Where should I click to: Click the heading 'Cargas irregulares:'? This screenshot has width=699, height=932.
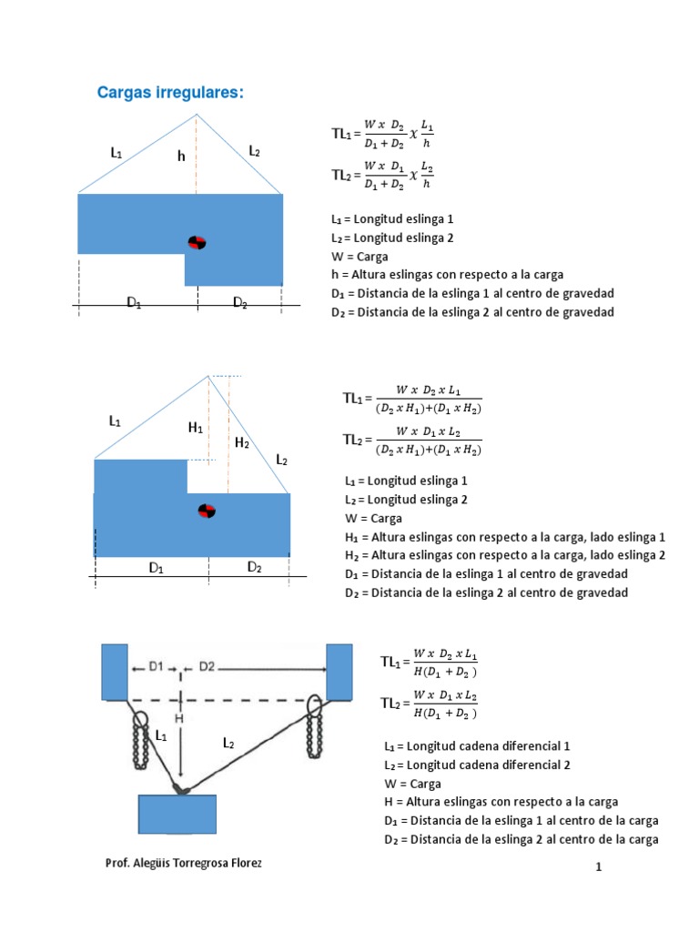171,94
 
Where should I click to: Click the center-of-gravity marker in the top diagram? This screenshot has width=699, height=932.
198,242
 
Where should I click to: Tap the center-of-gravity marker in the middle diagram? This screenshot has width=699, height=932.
207,511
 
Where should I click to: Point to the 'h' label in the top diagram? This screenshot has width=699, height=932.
181,157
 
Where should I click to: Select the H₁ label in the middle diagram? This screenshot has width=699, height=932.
196,427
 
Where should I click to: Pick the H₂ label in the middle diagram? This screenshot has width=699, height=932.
242,442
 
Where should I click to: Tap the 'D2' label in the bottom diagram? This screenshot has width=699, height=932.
207,666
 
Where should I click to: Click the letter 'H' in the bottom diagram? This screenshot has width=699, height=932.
179,718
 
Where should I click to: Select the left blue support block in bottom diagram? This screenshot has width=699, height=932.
115,672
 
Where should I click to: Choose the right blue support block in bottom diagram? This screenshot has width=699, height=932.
339,672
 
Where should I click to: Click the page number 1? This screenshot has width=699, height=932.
599,868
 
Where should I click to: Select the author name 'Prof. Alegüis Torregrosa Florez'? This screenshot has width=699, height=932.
184,862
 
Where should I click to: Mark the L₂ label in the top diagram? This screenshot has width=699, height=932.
255,150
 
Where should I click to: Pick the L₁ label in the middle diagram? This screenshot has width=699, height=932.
115,421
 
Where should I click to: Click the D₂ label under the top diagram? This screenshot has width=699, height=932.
240,303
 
